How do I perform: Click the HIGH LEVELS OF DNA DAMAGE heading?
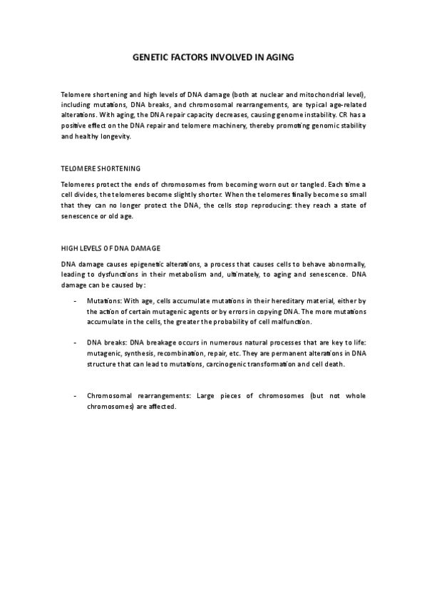coord(110,248)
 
